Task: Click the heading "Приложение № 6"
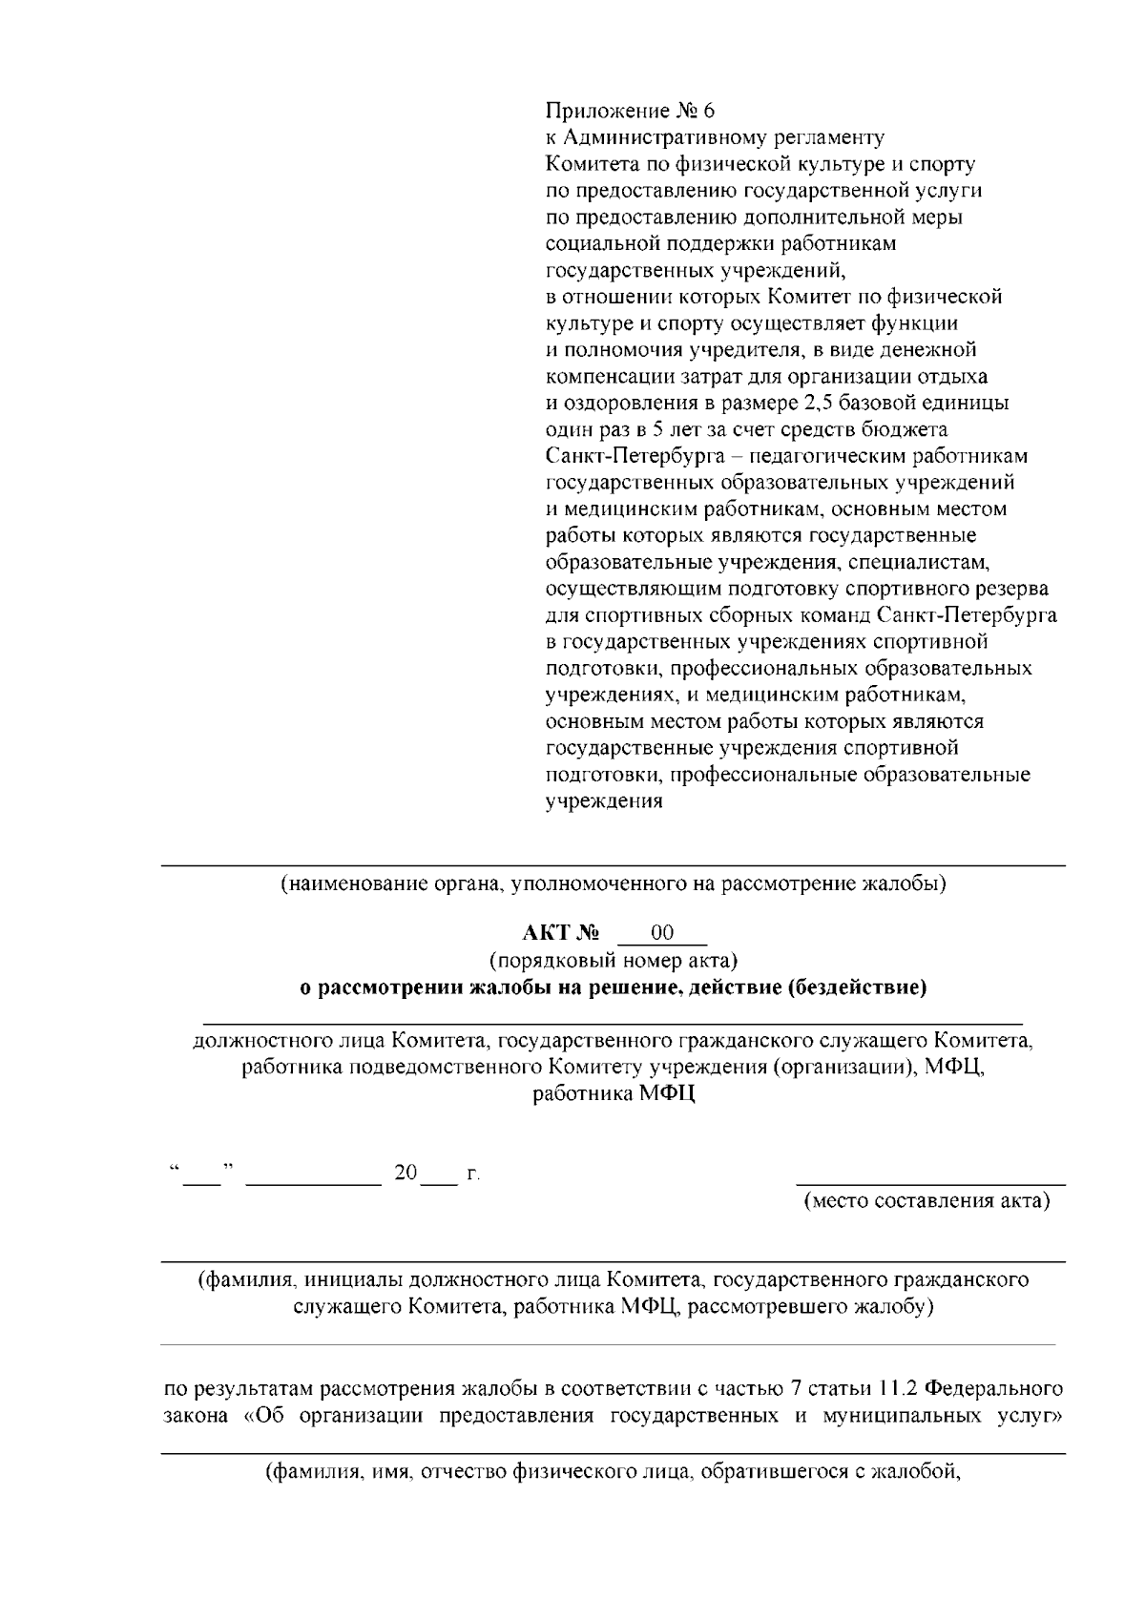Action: point(629,110)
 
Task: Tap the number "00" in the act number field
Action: point(662,931)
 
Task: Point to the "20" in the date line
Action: point(406,1173)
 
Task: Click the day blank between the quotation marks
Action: point(201,1174)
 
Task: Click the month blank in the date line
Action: point(313,1174)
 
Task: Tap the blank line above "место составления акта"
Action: point(930,1182)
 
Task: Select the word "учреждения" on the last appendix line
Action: point(603,801)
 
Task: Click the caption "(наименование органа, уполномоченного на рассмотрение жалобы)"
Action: point(613,883)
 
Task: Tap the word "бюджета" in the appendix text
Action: point(912,429)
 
